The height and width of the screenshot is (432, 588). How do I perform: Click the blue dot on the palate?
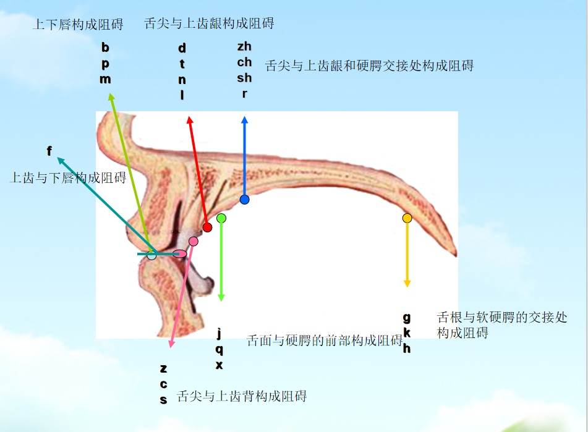pyautogui.click(x=245, y=200)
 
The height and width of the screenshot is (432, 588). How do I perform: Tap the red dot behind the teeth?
pyautogui.click(x=208, y=227)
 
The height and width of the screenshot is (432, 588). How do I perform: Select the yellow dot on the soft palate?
pyautogui.click(x=407, y=218)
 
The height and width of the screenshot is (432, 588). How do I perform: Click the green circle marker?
pyautogui.click(x=221, y=218)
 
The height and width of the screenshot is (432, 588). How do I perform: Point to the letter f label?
pyautogui.click(x=49, y=151)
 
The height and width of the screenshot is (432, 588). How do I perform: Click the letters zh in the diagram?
pyautogui.click(x=244, y=46)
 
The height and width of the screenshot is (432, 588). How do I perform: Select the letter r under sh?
pyautogui.click(x=245, y=94)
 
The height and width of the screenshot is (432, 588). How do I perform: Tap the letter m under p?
pyautogui.click(x=105, y=79)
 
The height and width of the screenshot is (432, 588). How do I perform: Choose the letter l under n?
pyautogui.click(x=182, y=95)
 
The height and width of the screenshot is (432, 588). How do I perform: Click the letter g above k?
pyautogui.click(x=406, y=318)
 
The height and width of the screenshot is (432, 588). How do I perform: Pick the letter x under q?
pyautogui.click(x=219, y=365)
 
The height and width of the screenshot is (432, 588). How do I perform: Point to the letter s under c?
pyautogui.click(x=163, y=399)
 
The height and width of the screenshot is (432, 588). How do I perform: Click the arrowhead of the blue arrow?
pyautogui.click(x=245, y=119)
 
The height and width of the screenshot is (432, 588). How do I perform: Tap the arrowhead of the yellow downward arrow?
pyautogui.click(x=407, y=284)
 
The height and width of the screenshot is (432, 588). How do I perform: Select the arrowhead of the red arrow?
pyautogui.click(x=189, y=119)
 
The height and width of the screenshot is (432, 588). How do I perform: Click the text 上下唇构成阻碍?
pyautogui.click(x=78, y=25)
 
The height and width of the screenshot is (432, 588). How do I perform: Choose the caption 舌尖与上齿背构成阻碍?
pyautogui.click(x=242, y=396)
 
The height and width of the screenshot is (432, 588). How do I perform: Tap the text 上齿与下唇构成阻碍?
pyautogui.click(x=67, y=178)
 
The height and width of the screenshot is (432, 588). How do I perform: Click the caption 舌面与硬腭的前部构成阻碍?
pyautogui.click(x=325, y=340)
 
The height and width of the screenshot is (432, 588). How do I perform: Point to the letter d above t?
pyautogui.click(x=182, y=48)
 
